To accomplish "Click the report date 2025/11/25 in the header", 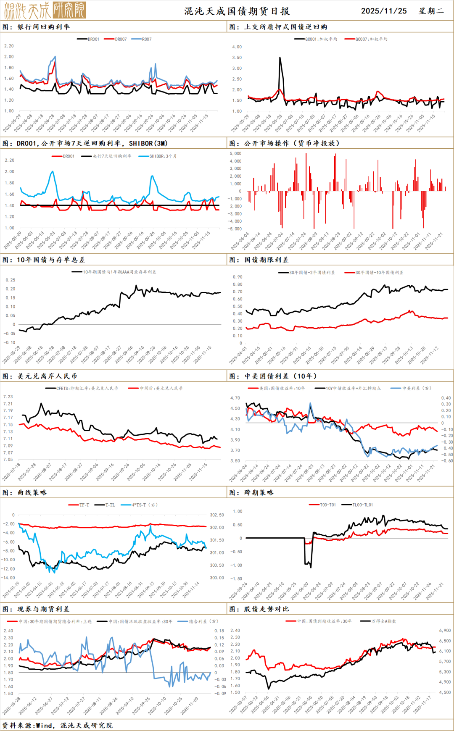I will click(384, 11).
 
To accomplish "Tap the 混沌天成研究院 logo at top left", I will click(45, 11).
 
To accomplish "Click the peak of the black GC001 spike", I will click(280, 58).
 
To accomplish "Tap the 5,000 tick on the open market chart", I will click(235, 154).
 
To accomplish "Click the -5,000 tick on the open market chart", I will click(235, 229).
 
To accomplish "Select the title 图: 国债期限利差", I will click(259, 260).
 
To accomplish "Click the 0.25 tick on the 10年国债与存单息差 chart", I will click(11, 280).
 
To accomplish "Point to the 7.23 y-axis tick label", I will click(8, 397).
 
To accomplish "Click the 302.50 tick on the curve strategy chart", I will click(217, 515).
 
